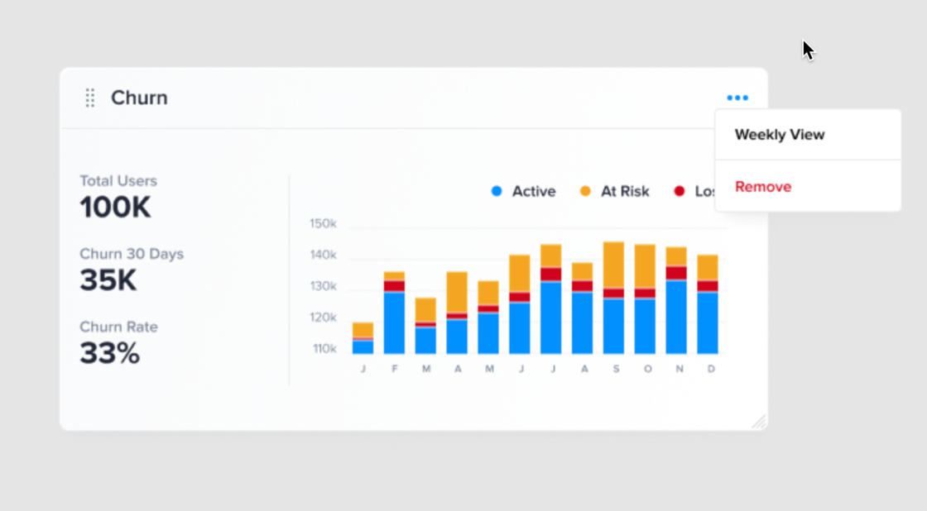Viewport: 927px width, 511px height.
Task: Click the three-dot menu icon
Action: click(737, 98)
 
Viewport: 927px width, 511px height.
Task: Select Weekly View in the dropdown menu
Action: click(780, 135)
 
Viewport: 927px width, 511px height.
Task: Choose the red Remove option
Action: click(763, 187)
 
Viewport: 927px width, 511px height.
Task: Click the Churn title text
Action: click(139, 98)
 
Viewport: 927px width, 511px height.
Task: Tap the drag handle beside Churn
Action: click(90, 98)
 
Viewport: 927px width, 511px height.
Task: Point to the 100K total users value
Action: click(116, 208)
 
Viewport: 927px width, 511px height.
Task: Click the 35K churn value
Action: click(108, 280)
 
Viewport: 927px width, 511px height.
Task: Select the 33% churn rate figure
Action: click(110, 353)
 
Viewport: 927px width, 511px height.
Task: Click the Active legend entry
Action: click(524, 192)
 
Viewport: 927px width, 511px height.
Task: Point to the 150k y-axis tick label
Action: click(323, 223)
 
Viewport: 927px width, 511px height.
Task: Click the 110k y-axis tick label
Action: click(324, 349)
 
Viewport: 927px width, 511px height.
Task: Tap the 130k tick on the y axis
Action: click(323, 286)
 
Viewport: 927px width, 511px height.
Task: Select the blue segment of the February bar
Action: click(394, 322)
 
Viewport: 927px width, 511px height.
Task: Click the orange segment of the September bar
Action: click(613, 265)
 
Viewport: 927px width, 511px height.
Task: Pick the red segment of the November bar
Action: click(676, 273)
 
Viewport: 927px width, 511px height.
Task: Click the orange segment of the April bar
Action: click(457, 292)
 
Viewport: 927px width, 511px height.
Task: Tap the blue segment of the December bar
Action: click(708, 322)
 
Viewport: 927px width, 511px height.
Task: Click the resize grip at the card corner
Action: click(759, 422)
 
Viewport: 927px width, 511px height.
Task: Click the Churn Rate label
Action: click(118, 327)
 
